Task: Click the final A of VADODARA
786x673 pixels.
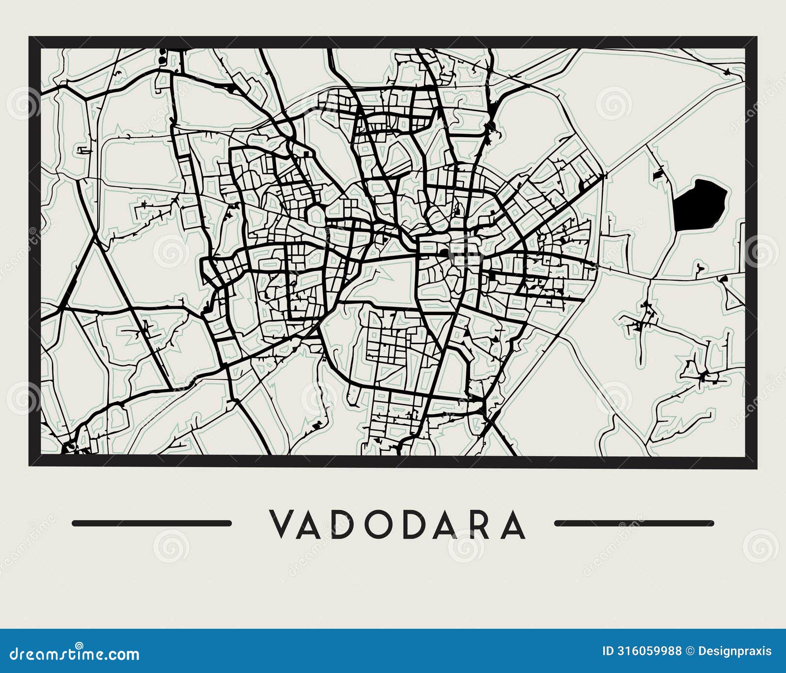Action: pos(514,524)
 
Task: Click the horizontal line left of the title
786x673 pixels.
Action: pos(152,523)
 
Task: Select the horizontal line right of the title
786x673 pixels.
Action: pos(634,523)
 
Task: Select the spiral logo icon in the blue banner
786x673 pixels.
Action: pos(78,645)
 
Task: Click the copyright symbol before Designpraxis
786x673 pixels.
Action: pos(690,651)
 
